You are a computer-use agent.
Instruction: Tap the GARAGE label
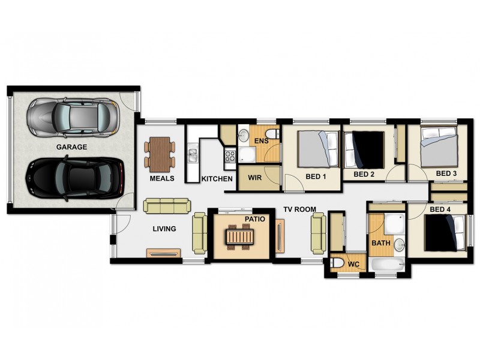pyautogui.click(x=72, y=147)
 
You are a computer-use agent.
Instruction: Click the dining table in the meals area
pyautogui.click(x=160, y=152)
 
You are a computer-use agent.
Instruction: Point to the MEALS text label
pyautogui.click(x=161, y=178)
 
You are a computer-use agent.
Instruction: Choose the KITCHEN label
pyautogui.click(x=217, y=179)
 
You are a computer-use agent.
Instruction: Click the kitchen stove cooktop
pyautogui.click(x=230, y=157)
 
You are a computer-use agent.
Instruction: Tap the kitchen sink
pyautogui.click(x=192, y=156)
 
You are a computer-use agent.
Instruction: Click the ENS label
pyautogui.click(x=261, y=141)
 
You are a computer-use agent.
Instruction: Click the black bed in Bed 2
pyautogui.click(x=364, y=150)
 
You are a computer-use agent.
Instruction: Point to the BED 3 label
pyautogui.click(x=446, y=174)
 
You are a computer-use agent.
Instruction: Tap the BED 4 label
pyautogui.click(x=440, y=209)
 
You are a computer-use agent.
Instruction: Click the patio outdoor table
pyautogui.click(x=239, y=238)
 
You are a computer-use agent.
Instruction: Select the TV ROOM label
pyautogui.click(x=300, y=210)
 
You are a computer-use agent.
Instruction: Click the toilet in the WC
pyautogui.click(x=338, y=263)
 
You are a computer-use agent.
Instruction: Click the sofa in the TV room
pyautogui.click(x=318, y=233)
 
